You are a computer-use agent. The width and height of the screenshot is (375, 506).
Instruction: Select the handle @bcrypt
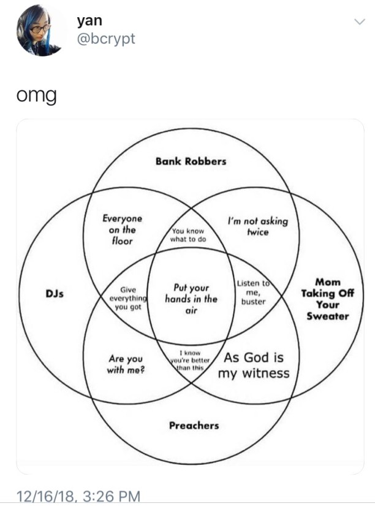[x=105, y=38]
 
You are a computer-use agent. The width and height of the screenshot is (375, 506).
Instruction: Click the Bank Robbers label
[x=191, y=161]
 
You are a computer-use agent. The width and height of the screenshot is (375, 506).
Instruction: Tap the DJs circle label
[x=56, y=294]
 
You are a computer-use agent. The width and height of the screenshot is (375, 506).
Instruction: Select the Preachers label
[x=194, y=425]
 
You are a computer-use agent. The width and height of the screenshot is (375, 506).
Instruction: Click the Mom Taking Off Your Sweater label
[x=328, y=299]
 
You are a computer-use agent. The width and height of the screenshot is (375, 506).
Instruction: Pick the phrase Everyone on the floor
[x=122, y=229]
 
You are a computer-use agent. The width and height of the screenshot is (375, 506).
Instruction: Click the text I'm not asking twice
[x=257, y=227]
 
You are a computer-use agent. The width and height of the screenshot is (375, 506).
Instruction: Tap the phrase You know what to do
[x=189, y=235]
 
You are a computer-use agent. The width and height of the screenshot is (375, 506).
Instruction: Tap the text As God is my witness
[x=254, y=366]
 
